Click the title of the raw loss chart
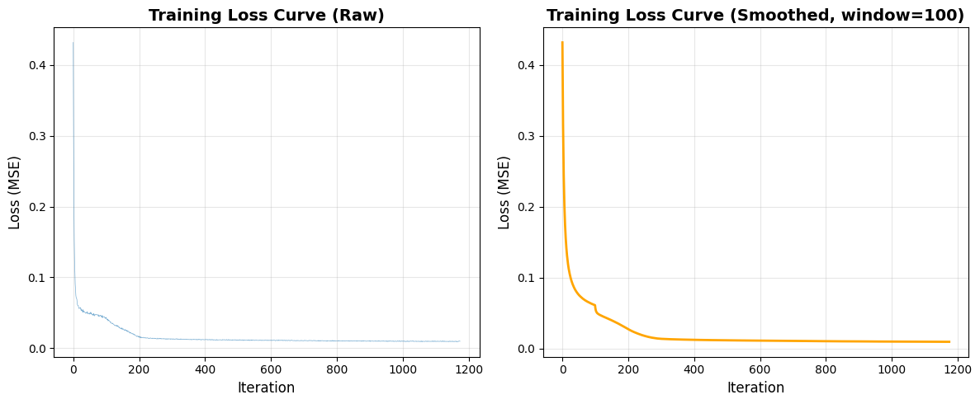[x=266, y=15]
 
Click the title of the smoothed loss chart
[x=755, y=15]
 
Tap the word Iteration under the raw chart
[x=266, y=388]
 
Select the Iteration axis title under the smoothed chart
[x=755, y=388]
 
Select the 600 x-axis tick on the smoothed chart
[x=760, y=368]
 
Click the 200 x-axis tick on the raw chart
[x=140, y=368]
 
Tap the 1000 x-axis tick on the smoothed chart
[x=892, y=368]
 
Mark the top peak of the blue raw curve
[x=73, y=43]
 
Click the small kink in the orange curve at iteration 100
[x=595, y=306]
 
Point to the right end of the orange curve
[x=949, y=341]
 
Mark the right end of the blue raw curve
[x=459, y=341]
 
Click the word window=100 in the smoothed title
[x=917, y=15]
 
